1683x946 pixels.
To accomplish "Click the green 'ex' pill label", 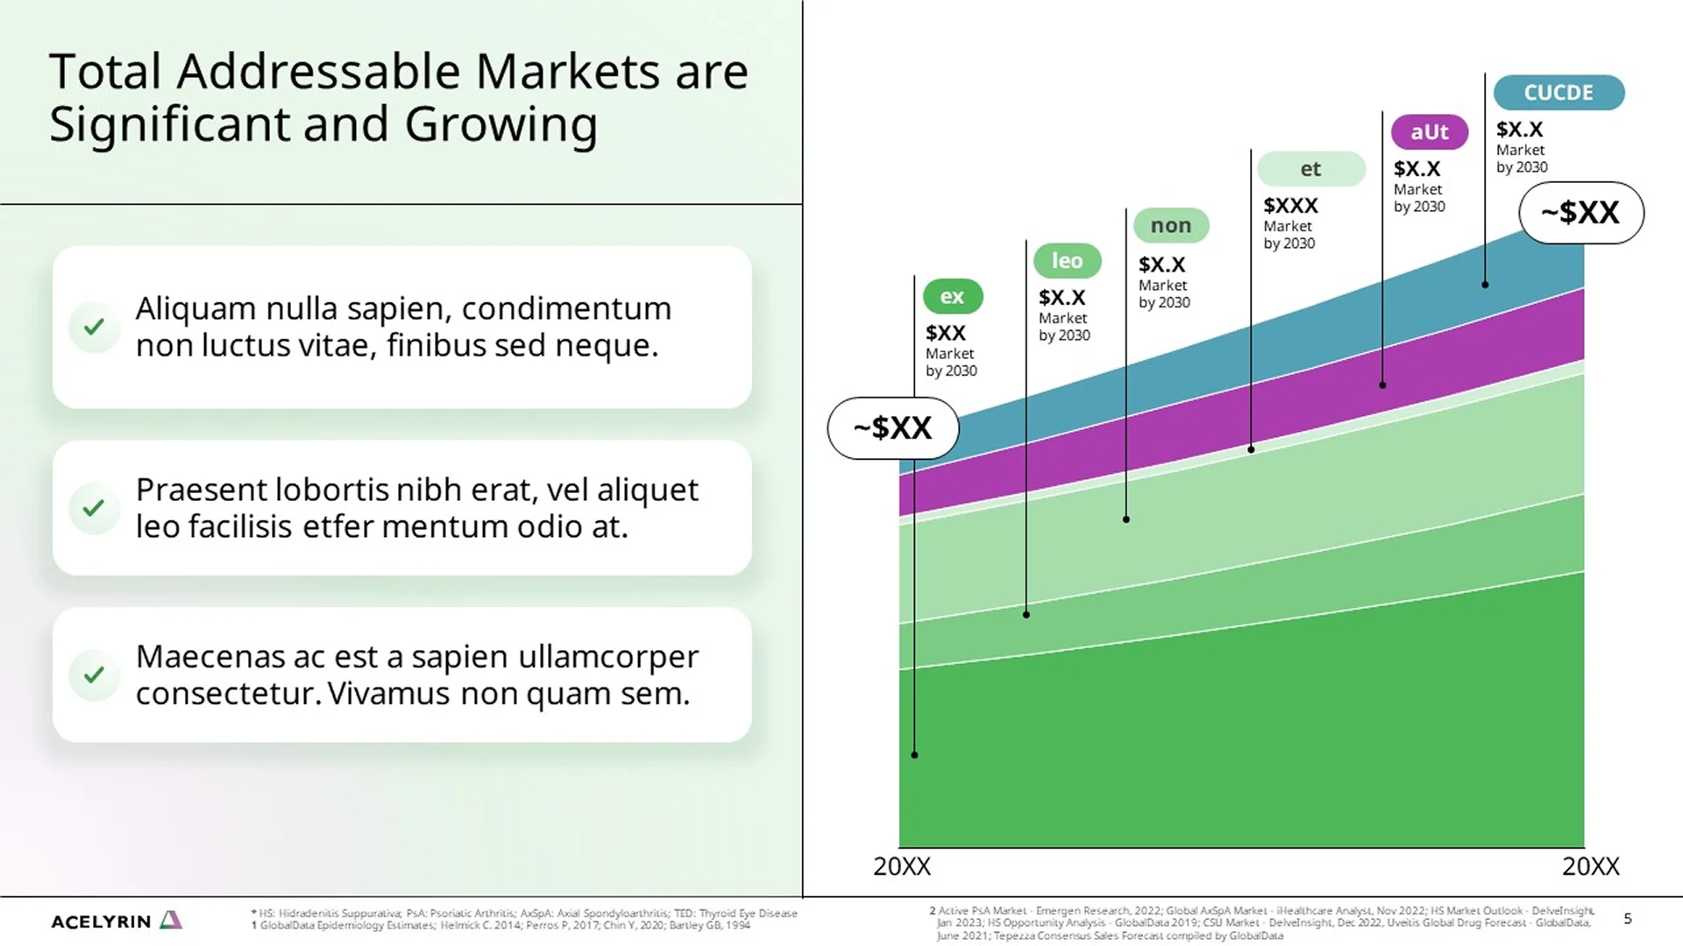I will click(952, 297).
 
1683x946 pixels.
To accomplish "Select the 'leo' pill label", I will click(1067, 261).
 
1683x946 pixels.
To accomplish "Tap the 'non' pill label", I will click(1170, 226).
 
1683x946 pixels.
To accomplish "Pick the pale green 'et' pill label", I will click(1310, 169).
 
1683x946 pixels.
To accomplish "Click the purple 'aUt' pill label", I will click(1429, 132).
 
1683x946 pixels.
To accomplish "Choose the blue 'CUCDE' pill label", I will click(1558, 93).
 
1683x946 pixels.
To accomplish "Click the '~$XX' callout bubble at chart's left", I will click(892, 428).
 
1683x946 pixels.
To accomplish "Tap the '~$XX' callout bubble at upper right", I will click(1580, 213).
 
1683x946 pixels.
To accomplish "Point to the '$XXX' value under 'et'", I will click(1290, 206).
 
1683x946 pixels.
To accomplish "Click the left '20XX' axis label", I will click(901, 866).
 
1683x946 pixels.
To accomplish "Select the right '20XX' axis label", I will click(1590, 866).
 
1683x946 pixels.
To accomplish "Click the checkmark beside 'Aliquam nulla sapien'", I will click(94, 327).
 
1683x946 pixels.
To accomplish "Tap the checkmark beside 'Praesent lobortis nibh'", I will click(94, 508).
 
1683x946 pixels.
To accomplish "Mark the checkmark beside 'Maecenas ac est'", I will click(94, 674).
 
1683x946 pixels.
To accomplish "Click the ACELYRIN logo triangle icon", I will click(172, 920).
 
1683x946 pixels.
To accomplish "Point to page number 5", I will click(1628, 919).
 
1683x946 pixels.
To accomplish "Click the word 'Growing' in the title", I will click(501, 124).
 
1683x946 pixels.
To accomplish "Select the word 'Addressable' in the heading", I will click(318, 72).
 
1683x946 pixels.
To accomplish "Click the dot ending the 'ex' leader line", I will click(914, 754).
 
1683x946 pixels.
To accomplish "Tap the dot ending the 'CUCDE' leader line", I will click(1485, 285).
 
